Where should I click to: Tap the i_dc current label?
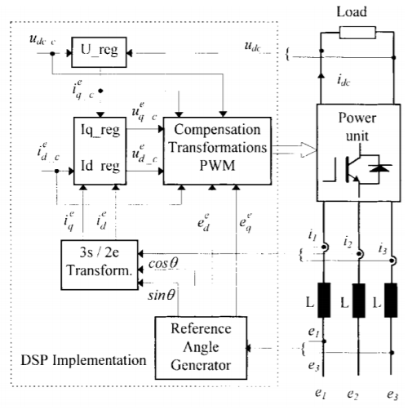pos(337,80)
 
